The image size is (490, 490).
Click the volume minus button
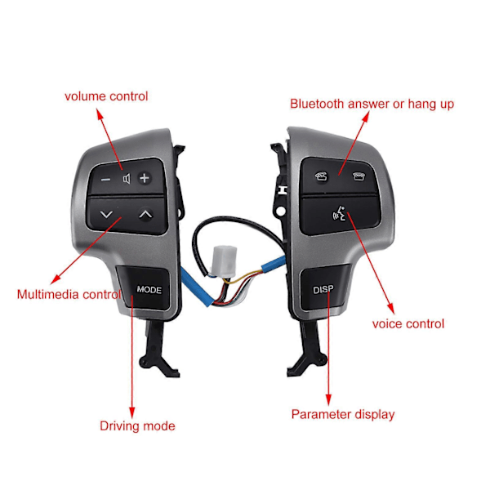(106, 180)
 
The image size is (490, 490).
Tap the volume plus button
(145, 178)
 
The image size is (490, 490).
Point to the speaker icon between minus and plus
(127, 179)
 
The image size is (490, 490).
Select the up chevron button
(145, 214)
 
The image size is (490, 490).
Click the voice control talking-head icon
(340, 213)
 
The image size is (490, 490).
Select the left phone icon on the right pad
(321, 177)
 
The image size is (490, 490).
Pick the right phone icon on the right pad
(359, 176)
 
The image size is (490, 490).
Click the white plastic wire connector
(224, 261)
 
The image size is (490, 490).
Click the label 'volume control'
(106, 96)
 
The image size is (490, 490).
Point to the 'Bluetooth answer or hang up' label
(372, 105)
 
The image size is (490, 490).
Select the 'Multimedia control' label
(69, 294)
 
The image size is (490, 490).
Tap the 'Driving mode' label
(137, 426)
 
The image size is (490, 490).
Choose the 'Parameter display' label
(343, 415)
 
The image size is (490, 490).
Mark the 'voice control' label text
(408, 324)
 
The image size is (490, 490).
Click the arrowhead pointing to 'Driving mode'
(131, 412)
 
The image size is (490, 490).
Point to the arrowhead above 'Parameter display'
(328, 400)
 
